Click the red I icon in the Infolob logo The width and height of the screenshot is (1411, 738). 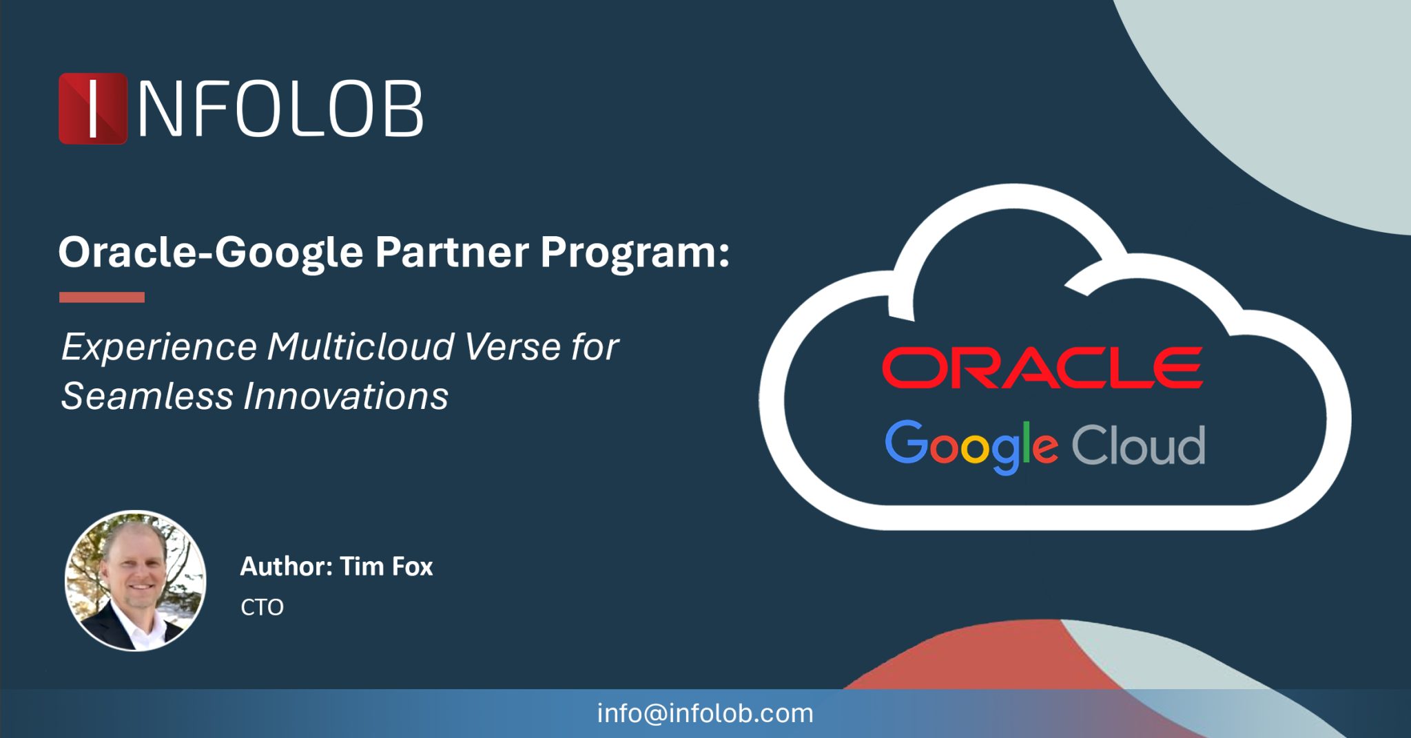coord(93,109)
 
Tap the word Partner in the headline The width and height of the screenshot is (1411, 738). coord(451,252)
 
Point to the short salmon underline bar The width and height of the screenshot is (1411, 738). coord(102,297)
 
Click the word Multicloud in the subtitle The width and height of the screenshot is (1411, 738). coord(360,346)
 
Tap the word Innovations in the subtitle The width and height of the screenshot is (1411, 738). coord(346,397)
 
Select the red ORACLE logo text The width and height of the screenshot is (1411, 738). coord(1042,368)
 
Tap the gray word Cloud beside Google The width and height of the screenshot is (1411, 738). coord(1138,445)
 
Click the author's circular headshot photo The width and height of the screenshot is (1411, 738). coord(135,581)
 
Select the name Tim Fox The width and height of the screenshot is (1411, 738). coord(387,567)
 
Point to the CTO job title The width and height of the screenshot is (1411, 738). coord(262,607)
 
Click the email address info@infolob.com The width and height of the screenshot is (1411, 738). coord(705,713)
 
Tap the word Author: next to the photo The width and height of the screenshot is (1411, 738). coord(286,567)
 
